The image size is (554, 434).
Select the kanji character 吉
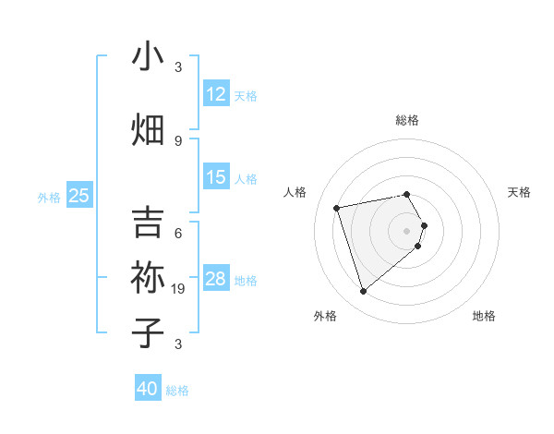(x=148, y=223)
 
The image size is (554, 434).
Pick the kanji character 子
(x=148, y=332)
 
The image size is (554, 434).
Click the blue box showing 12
(x=216, y=94)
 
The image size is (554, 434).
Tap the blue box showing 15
(x=216, y=177)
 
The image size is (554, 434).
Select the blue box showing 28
(x=216, y=279)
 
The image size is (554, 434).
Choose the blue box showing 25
(x=79, y=195)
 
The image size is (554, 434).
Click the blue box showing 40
(x=148, y=389)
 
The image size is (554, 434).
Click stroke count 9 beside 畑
(x=178, y=141)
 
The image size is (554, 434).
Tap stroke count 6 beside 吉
(x=178, y=234)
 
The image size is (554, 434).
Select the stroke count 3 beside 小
(x=178, y=67)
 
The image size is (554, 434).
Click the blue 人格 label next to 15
(x=246, y=178)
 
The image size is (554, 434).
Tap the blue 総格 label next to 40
(x=177, y=391)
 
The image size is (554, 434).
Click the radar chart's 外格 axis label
(x=325, y=316)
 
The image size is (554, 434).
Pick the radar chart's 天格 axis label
(x=520, y=192)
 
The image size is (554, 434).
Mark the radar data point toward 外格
(x=364, y=292)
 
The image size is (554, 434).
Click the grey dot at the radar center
(x=406, y=230)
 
